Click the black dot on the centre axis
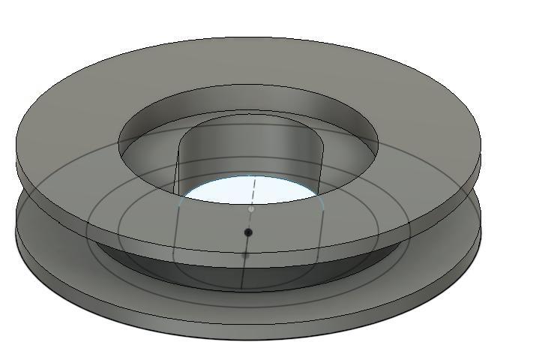(248, 232)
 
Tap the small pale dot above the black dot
(251, 209)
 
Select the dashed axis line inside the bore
(254, 190)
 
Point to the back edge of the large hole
(247, 85)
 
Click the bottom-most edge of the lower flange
(247, 340)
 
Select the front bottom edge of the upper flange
(248, 253)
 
